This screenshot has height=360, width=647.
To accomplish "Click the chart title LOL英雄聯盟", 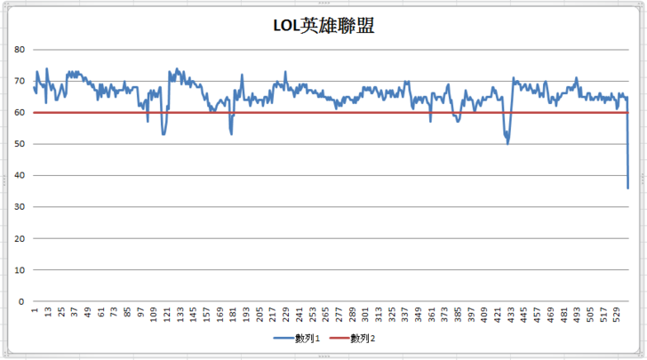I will [323, 26].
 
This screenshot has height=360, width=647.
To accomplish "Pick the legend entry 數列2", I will [360, 339].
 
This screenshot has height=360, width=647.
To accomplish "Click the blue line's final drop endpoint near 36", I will [627, 188].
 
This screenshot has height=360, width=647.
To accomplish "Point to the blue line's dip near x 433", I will [507, 143].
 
